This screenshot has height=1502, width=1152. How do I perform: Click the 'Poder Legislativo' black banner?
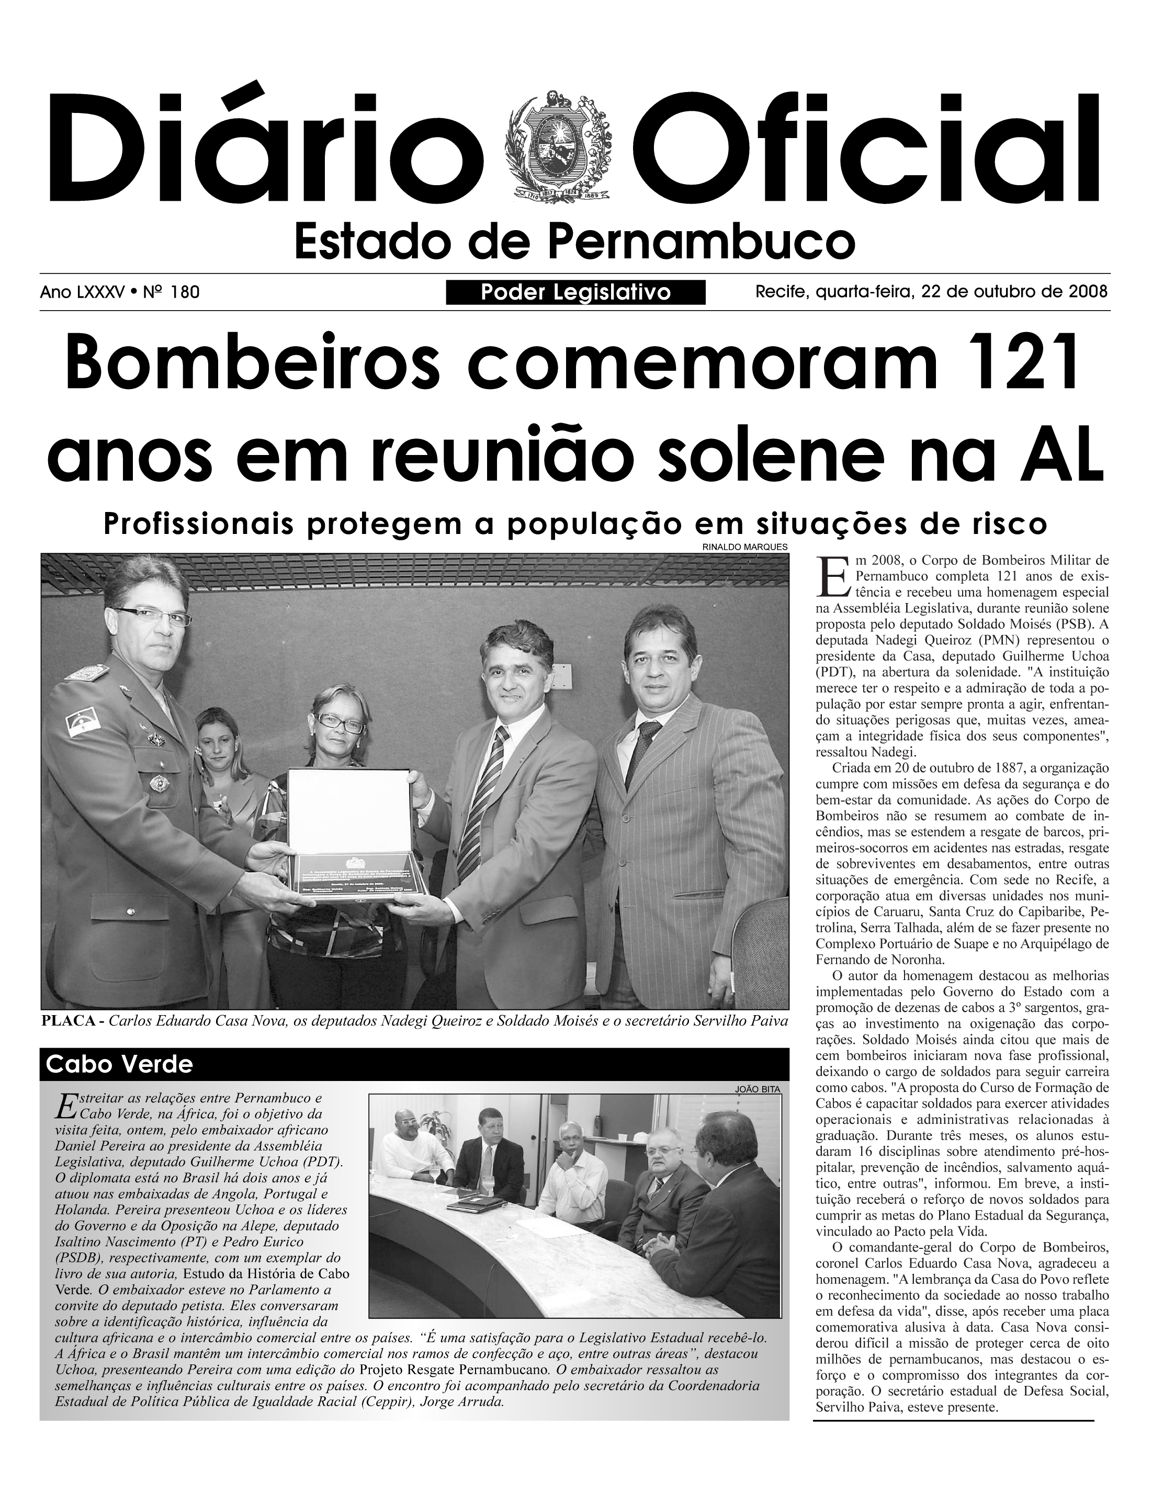tap(575, 293)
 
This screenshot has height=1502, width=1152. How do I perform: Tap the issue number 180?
tap(185, 293)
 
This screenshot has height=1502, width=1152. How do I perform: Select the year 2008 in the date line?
tap(1088, 292)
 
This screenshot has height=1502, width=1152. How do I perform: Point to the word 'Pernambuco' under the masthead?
tap(702, 242)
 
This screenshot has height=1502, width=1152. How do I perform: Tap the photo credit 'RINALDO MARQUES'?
tap(744, 547)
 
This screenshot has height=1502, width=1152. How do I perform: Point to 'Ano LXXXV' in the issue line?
tap(82, 293)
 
